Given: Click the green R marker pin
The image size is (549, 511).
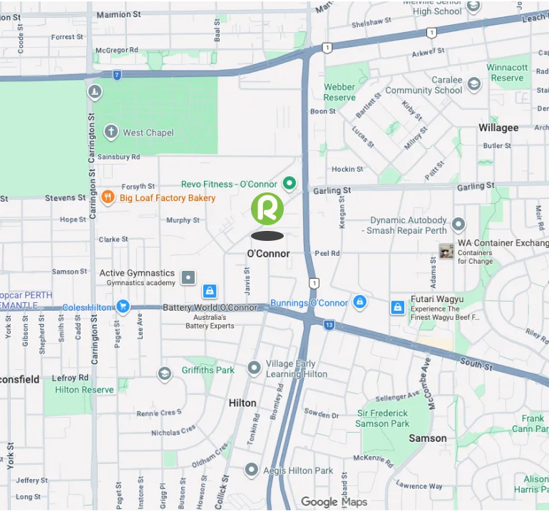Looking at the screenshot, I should click(x=267, y=209).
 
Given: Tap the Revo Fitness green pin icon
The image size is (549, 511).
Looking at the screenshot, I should click(x=289, y=184).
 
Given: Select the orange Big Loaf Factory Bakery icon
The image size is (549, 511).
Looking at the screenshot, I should click(x=108, y=197).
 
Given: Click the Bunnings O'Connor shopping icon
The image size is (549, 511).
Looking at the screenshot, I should click(x=360, y=302).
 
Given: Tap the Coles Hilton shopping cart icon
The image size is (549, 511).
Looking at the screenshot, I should click(x=123, y=307).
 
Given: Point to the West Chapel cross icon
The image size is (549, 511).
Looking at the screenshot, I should click(x=111, y=132).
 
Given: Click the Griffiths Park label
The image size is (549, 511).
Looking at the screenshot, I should click(x=207, y=370).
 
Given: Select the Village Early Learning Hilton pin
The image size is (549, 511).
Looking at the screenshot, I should click(x=254, y=368).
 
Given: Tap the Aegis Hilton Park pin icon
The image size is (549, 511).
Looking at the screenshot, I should click(x=251, y=470).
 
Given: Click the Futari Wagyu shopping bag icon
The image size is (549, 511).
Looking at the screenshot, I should click(x=398, y=307).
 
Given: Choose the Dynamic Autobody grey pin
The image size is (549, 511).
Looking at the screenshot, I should click(x=458, y=224).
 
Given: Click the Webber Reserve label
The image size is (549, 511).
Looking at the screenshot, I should click(x=339, y=92).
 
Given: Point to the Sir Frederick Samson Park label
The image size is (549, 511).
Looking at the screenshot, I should click(x=383, y=418).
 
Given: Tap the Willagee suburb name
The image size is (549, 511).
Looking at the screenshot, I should click(x=498, y=128).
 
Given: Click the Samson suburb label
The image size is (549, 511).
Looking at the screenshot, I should click(x=428, y=438).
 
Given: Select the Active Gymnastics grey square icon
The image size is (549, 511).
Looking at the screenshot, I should click(x=188, y=277).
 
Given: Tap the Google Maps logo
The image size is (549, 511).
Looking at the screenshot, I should click(x=334, y=502).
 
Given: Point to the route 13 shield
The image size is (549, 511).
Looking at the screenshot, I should click(x=329, y=325).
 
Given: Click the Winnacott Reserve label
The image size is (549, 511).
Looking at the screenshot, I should click(x=507, y=73).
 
